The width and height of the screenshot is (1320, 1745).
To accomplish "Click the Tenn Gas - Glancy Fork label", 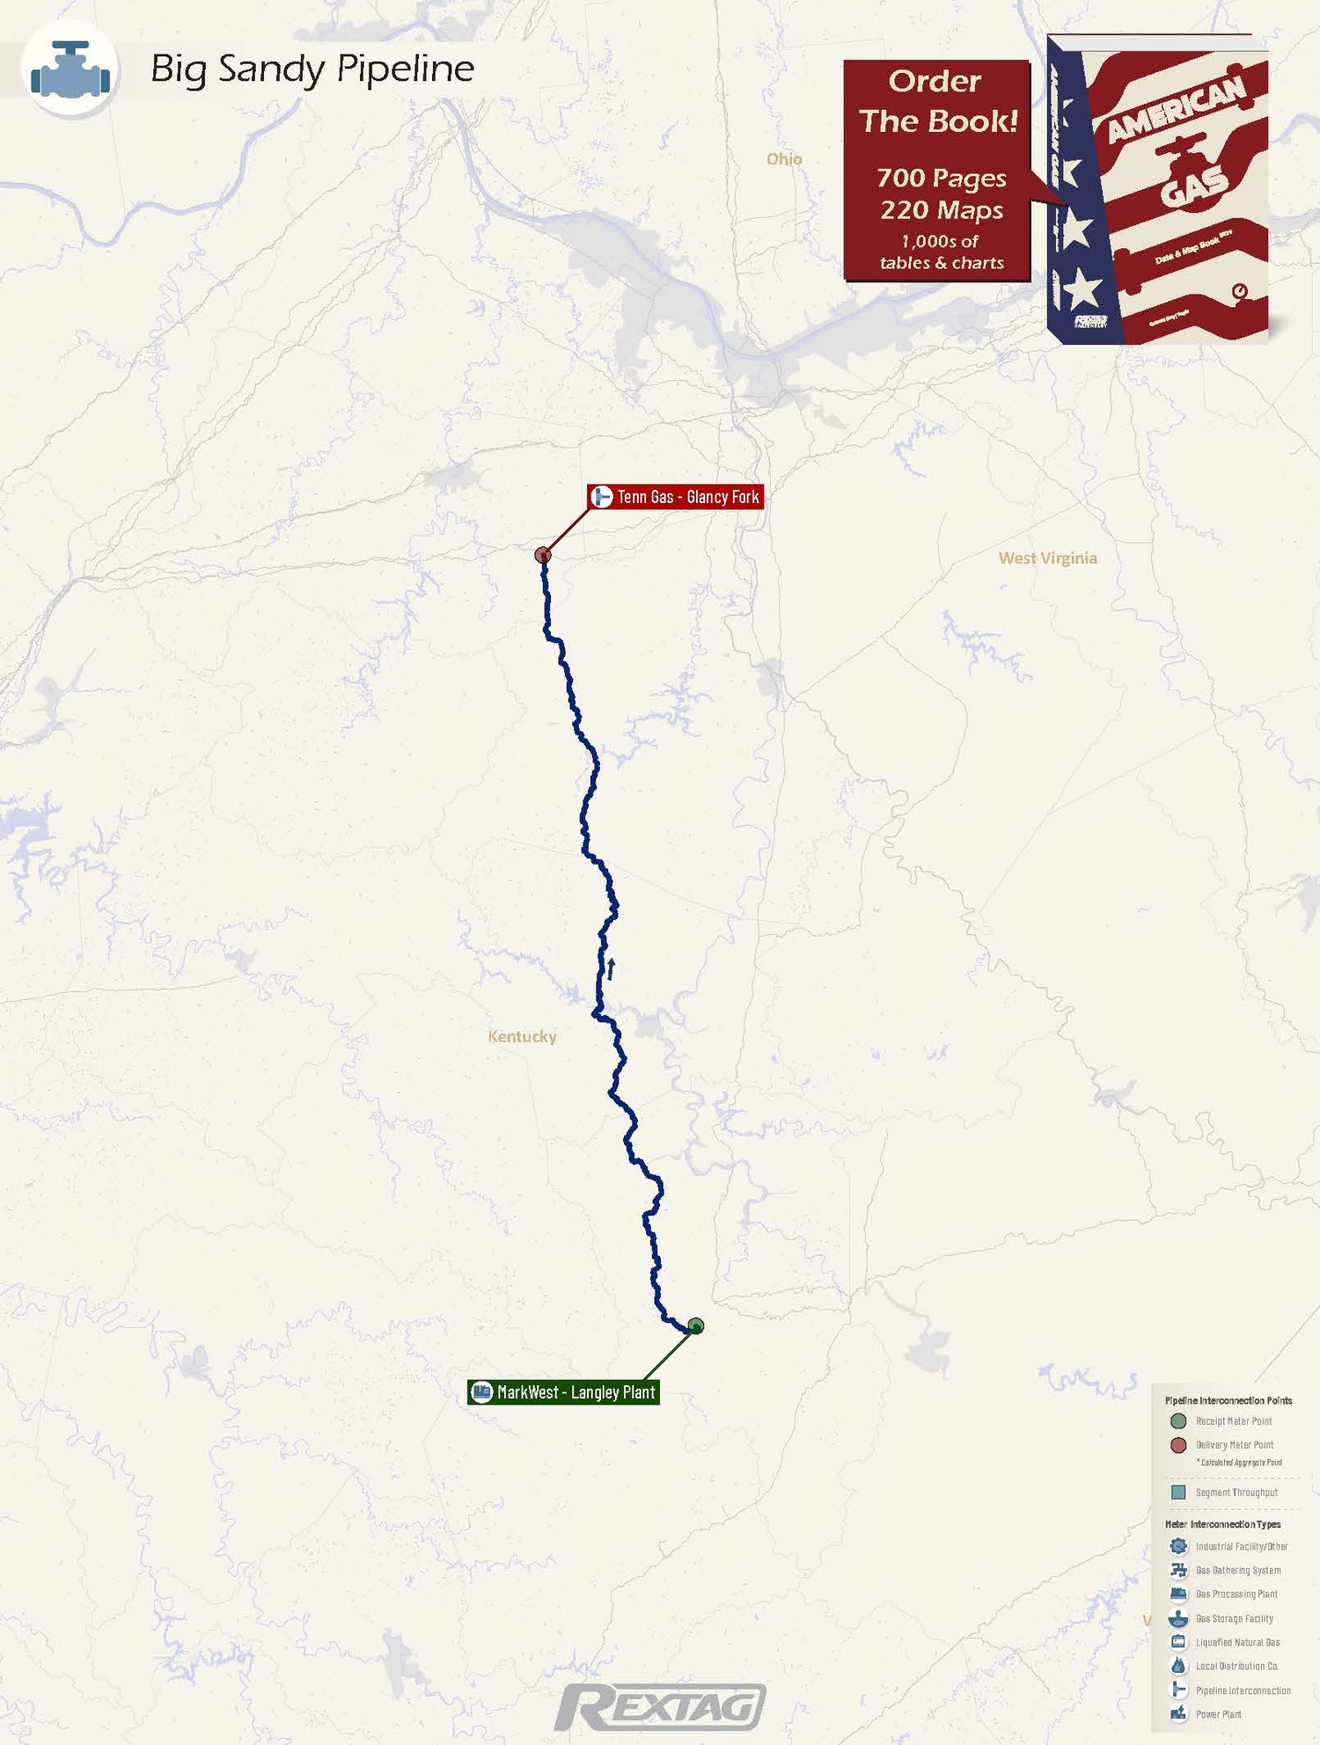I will tap(676, 497).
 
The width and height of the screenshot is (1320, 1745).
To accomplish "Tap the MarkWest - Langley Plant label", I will tap(564, 1392).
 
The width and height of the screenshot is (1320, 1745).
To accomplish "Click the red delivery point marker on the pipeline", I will tap(543, 554).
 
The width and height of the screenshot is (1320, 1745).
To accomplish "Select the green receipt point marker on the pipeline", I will tap(696, 1325).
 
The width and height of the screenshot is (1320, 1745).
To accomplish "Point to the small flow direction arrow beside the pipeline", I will tap(611, 968).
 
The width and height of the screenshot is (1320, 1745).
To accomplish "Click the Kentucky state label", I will tap(522, 1036).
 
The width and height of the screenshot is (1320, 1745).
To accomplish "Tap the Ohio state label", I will tap(783, 158).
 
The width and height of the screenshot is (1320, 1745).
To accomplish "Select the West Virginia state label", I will tap(1047, 558).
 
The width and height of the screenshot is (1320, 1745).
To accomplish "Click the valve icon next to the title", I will tap(70, 69).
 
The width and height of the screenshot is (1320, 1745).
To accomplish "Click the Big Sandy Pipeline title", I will tap(312, 69).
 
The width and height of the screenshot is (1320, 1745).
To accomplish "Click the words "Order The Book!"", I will tap(937, 101).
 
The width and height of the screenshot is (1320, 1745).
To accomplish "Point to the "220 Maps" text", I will tap(942, 210).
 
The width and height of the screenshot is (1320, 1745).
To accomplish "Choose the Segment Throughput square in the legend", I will tap(1178, 1493).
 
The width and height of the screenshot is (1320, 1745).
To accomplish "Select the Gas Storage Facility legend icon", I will tap(1178, 1618).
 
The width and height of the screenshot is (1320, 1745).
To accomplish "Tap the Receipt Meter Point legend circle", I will tap(1178, 1421).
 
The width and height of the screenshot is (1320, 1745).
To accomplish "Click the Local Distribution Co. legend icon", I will tap(1178, 1666).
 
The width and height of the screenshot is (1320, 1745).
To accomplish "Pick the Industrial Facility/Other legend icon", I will tap(1178, 1546).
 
